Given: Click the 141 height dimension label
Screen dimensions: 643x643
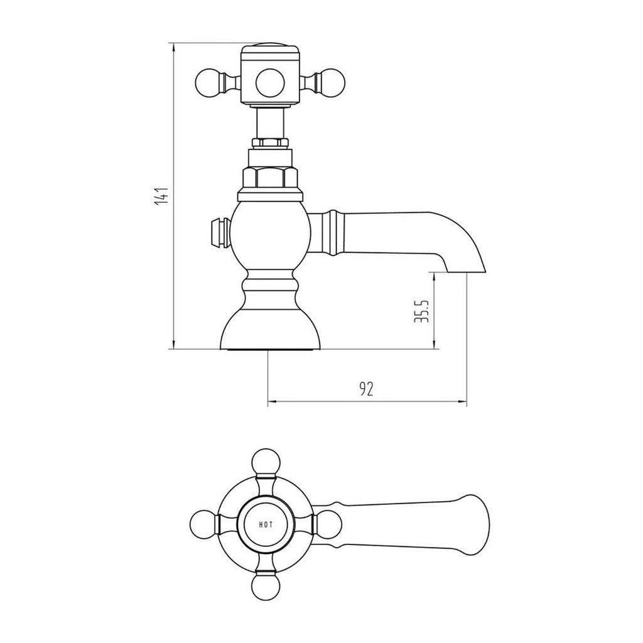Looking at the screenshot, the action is click(x=163, y=195).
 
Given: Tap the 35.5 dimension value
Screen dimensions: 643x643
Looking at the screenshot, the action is click(x=422, y=311).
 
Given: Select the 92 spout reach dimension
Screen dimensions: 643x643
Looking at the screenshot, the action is click(x=367, y=389).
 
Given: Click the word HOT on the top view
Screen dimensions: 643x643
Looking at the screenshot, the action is click(x=266, y=524).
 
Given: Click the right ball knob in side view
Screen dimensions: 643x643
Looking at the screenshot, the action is click(x=332, y=82).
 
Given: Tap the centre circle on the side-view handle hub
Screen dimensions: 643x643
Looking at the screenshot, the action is click(x=270, y=83).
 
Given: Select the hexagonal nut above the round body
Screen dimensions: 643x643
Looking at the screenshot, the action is click(x=270, y=176).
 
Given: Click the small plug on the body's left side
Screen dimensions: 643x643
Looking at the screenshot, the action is click(x=220, y=233).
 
